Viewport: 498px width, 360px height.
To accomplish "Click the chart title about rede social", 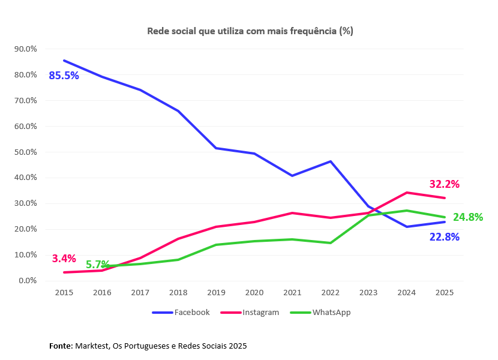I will tap(250, 31).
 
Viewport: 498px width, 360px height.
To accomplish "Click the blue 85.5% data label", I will tap(64, 76).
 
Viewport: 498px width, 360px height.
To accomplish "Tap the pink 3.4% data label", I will tap(64, 259).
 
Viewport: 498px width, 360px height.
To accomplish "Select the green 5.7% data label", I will tap(97, 265).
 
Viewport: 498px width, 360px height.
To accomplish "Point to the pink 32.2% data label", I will tap(444, 184).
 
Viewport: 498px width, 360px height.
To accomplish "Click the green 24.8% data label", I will tap(468, 217).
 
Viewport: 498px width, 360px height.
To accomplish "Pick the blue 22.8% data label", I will tap(444, 237).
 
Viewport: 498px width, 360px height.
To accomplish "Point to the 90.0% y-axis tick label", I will tap(25, 49).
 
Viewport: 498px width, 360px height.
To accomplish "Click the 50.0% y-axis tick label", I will tap(25, 152).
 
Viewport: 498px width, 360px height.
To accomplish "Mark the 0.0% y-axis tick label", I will tap(27, 281).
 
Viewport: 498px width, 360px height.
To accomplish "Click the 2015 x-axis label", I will tap(64, 293).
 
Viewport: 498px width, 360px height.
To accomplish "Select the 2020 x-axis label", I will tap(254, 293).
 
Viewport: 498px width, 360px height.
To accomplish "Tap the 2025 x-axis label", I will tap(445, 293).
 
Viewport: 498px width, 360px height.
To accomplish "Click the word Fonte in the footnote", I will tap(61, 346).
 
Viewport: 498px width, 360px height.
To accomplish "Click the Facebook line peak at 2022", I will tap(331, 161).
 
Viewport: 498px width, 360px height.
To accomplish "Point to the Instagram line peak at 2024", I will tap(407, 193).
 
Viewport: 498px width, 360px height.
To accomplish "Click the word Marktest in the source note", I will tap(93, 346).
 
